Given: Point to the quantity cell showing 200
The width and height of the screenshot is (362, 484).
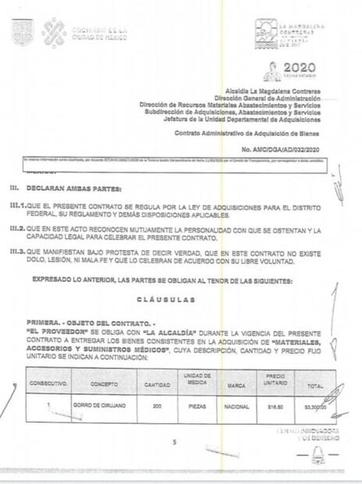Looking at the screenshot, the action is coord(157,407).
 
